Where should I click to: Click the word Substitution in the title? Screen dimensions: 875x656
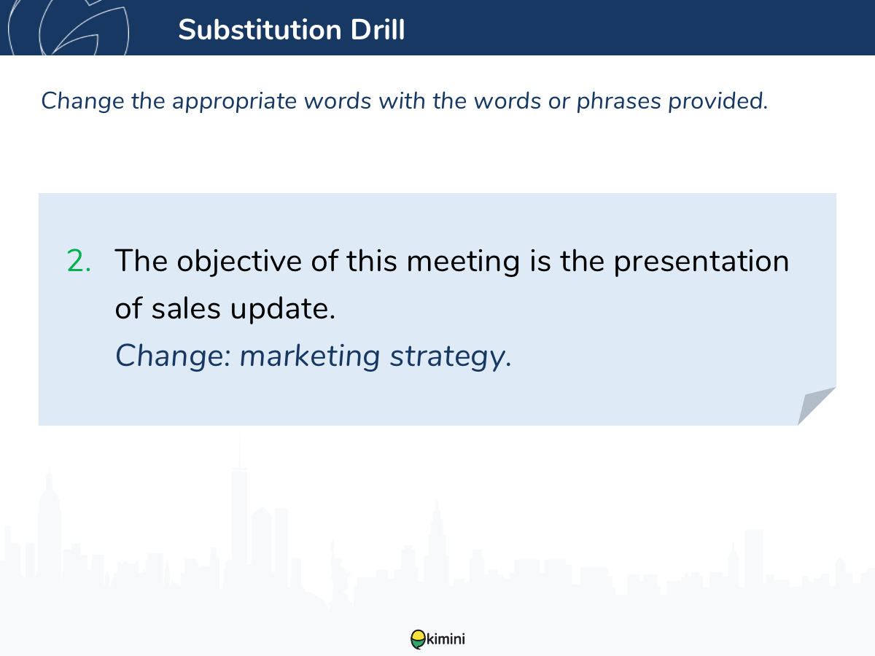click(x=260, y=30)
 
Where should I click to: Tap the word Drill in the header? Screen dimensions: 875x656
click(x=378, y=30)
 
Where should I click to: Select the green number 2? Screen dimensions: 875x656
click(x=79, y=261)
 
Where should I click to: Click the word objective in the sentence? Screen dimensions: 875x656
click(x=239, y=262)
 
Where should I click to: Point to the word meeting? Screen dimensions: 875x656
click(x=463, y=262)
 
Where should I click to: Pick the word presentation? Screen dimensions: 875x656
click(x=701, y=262)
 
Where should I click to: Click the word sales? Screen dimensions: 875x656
click(x=186, y=308)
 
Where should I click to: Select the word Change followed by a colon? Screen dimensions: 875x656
click(x=173, y=356)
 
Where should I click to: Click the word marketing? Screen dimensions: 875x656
click(x=310, y=356)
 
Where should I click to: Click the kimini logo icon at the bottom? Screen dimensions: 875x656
click(x=418, y=639)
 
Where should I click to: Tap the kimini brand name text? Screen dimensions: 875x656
click(x=446, y=639)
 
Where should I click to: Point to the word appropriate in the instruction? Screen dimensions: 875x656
click(x=234, y=101)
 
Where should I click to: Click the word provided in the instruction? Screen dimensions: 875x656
click(x=718, y=101)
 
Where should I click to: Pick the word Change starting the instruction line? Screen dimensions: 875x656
click(x=82, y=101)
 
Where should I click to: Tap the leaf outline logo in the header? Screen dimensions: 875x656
click(x=69, y=27)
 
